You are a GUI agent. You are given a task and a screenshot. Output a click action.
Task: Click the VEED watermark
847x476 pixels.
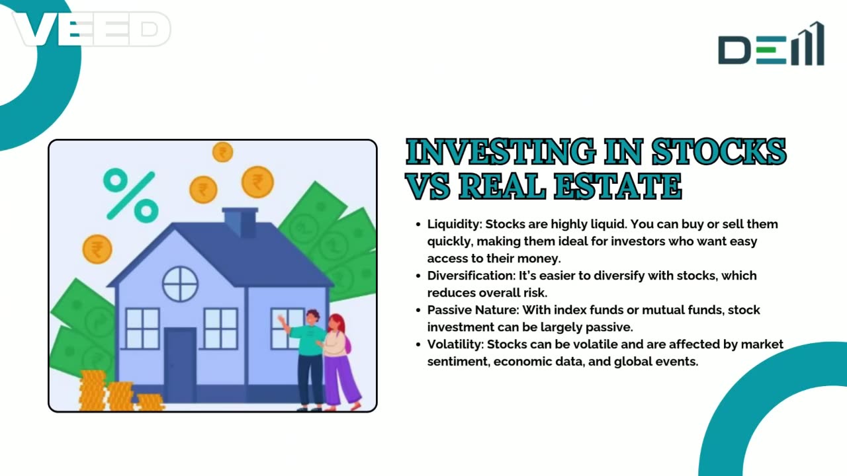[x=91, y=29]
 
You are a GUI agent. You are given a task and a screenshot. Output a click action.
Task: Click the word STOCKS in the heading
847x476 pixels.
[x=719, y=153]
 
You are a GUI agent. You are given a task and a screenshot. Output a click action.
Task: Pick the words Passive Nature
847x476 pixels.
[x=472, y=310]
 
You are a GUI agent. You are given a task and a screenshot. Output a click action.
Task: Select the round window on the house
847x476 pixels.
[x=180, y=284]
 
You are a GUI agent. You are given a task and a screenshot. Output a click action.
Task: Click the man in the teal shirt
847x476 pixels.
[x=308, y=357]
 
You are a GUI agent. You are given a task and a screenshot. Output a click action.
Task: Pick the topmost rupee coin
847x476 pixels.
[x=222, y=152]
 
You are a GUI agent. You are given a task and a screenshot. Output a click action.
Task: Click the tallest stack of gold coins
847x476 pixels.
[x=93, y=390]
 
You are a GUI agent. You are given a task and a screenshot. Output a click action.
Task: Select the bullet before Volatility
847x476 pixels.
[x=418, y=344]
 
